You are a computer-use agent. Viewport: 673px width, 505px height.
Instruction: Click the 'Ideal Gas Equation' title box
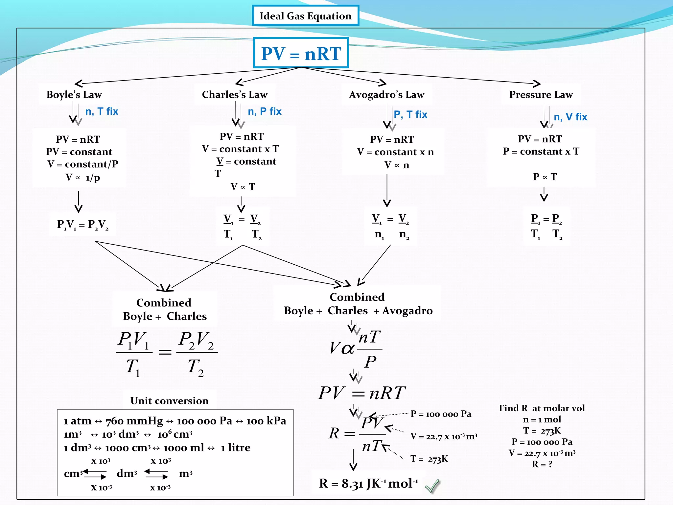pyautogui.click(x=305, y=16)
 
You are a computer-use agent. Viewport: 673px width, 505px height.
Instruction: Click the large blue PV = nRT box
pyautogui.click(x=301, y=53)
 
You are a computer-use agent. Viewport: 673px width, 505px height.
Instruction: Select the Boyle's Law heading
pyautogui.click(x=74, y=95)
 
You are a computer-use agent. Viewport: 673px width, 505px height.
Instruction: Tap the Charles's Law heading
pyautogui.click(x=235, y=95)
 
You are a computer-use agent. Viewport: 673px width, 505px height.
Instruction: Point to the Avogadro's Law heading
pyautogui.click(x=386, y=95)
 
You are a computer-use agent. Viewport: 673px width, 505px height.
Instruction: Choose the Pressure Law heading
pyautogui.click(x=541, y=95)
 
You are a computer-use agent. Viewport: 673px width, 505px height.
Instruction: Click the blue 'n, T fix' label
pyautogui.click(x=102, y=111)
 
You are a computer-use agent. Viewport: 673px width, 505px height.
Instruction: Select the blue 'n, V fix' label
pyautogui.click(x=570, y=117)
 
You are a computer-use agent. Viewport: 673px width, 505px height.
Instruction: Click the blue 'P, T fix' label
pyautogui.click(x=410, y=114)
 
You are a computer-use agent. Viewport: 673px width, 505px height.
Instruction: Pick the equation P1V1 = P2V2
pyautogui.click(x=83, y=225)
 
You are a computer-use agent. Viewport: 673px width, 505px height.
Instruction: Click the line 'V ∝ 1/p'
pyautogui.click(x=83, y=178)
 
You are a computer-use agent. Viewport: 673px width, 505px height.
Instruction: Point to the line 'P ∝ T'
pyautogui.click(x=545, y=177)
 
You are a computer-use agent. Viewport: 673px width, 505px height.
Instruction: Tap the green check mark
pyautogui.click(x=432, y=486)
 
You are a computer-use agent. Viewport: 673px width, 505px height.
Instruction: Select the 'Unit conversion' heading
pyautogui.click(x=170, y=401)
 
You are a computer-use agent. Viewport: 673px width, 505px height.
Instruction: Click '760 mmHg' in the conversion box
pyautogui.click(x=134, y=421)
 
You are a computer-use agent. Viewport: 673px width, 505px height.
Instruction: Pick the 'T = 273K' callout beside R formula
pyautogui.click(x=429, y=459)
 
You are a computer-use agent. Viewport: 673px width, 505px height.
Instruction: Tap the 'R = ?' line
pyautogui.click(x=542, y=464)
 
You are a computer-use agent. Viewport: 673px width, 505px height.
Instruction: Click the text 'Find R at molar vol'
pyautogui.click(x=542, y=408)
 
